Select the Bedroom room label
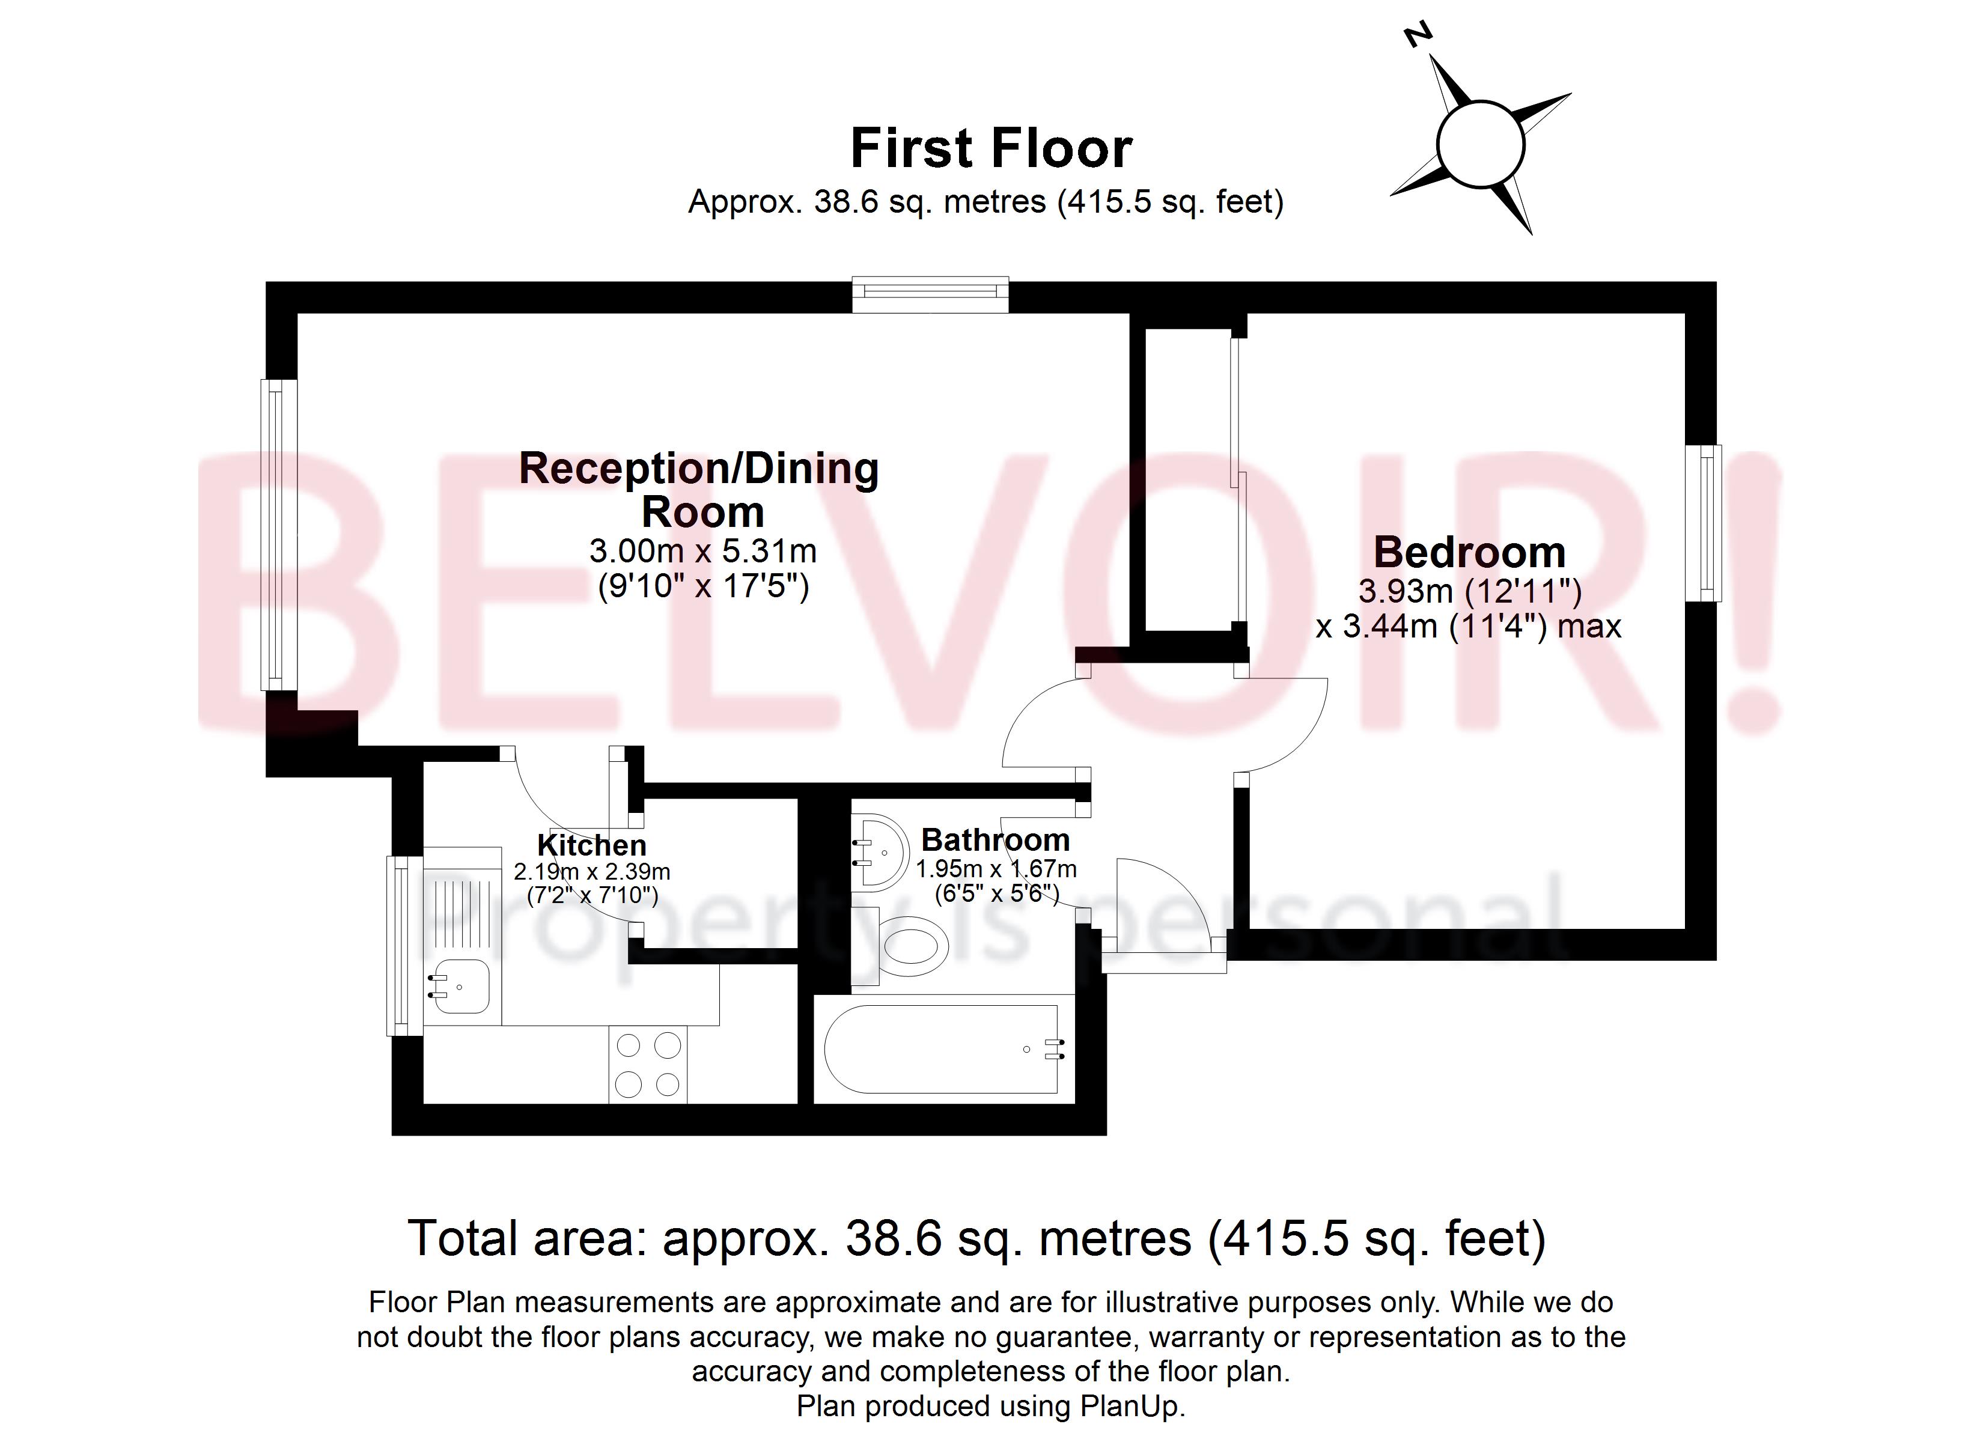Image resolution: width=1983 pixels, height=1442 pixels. [1469, 553]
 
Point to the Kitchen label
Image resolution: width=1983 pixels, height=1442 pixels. [592, 845]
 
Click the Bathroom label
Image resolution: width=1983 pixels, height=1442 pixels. [995, 841]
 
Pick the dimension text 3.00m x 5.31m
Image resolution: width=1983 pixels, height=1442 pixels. [703, 551]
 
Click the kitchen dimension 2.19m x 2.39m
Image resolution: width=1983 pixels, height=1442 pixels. [592, 872]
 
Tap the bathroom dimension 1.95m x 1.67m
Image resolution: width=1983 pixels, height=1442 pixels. [996, 869]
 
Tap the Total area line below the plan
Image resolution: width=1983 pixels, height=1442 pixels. [976, 1239]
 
